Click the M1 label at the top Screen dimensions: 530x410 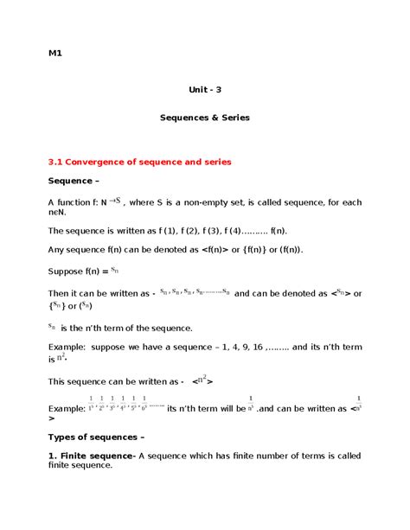click(x=55, y=54)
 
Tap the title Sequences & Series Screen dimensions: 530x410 click(x=205, y=118)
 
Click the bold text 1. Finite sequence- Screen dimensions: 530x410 click(x=91, y=456)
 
